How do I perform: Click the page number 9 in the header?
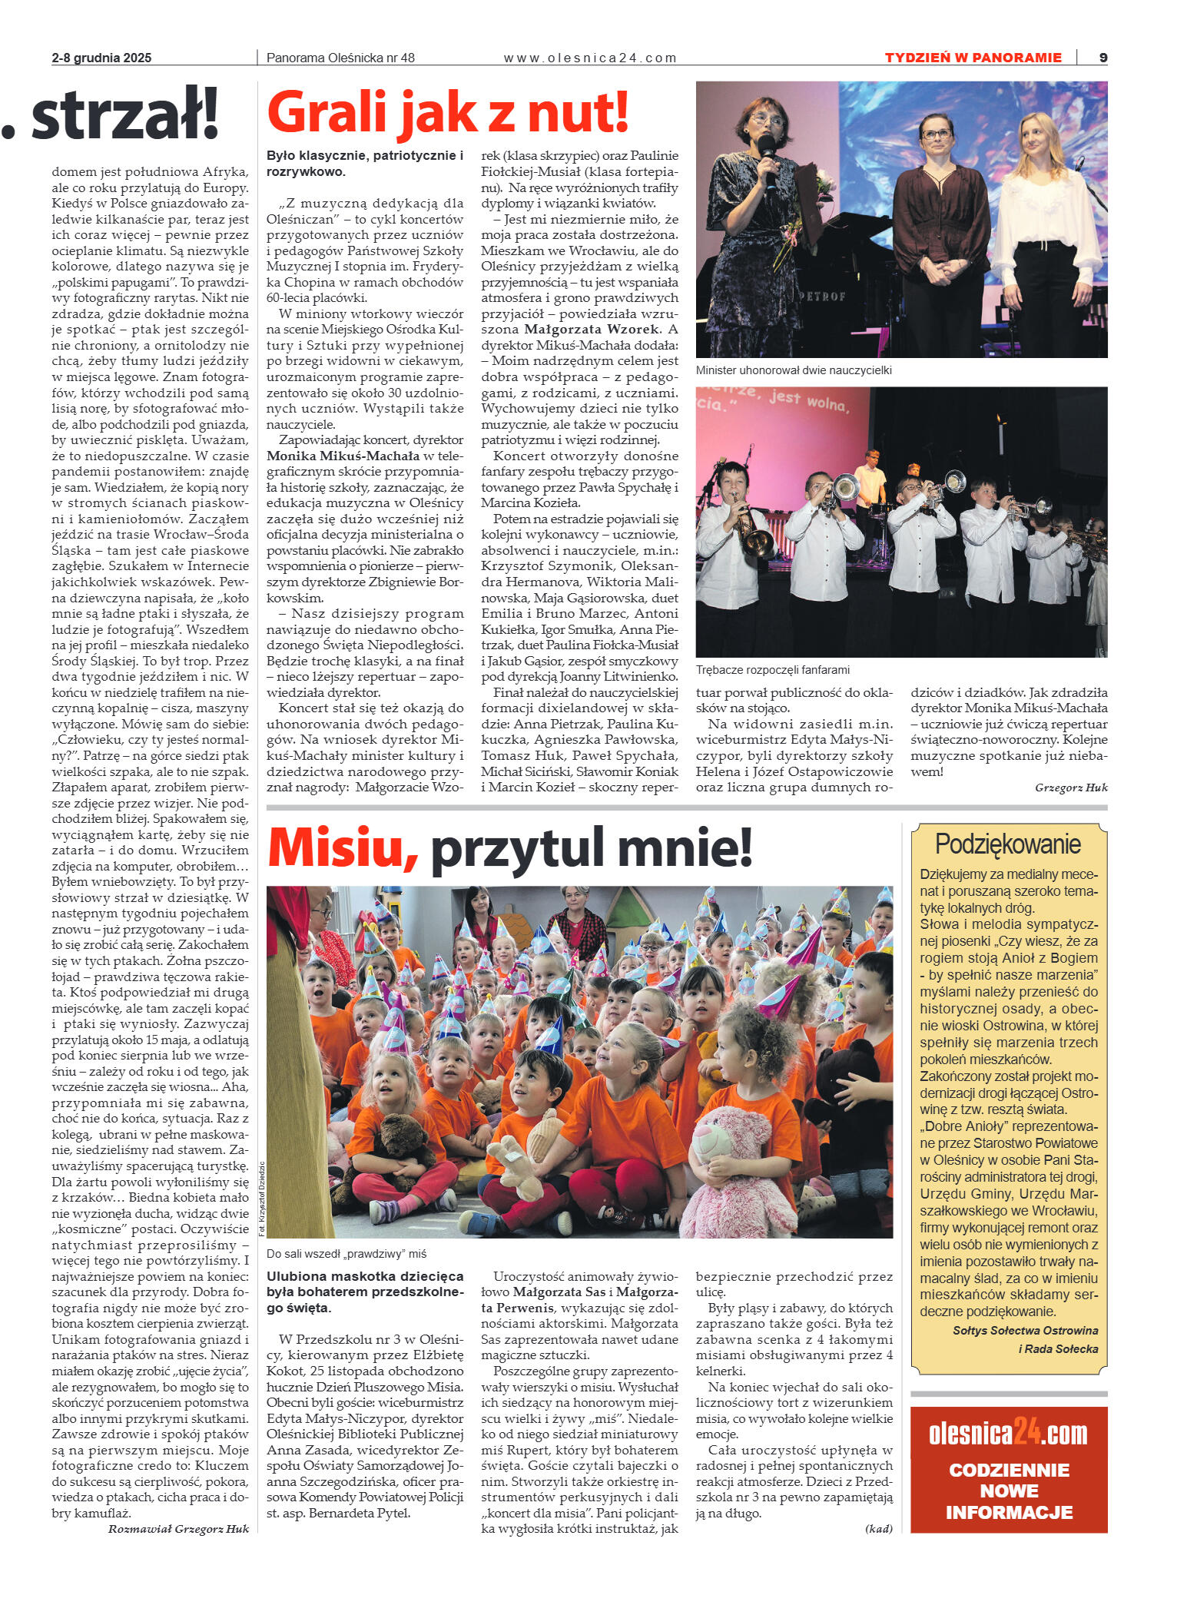[1103, 58]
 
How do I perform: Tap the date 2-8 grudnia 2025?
[101, 58]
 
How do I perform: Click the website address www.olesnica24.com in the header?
[589, 58]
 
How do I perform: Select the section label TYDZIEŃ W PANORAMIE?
[973, 58]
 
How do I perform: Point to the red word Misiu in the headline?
[342, 848]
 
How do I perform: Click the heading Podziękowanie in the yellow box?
[1007, 844]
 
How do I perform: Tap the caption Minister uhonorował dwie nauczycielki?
[794, 370]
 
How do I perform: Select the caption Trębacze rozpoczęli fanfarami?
[772, 670]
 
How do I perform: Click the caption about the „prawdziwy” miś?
[346, 1254]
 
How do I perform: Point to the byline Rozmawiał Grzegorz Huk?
[178, 1529]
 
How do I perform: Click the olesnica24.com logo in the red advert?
[1008, 1434]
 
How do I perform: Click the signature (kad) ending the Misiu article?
[878, 1529]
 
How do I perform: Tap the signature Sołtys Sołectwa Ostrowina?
[1025, 1331]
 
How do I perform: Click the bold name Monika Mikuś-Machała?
[343, 456]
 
